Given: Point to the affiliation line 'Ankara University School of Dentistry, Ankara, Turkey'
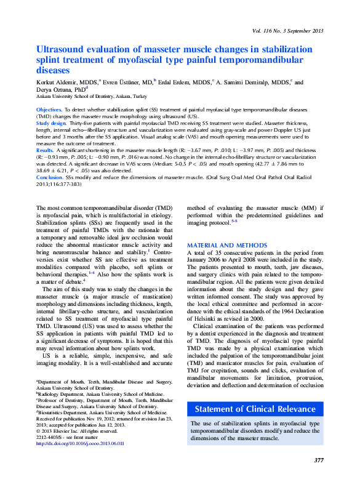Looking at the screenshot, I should pyautogui.click(x=92, y=97).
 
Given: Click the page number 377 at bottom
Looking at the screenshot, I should pyautogui.click(x=318, y=460).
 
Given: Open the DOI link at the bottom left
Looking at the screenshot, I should pyautogui.click(x=80, y=443).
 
